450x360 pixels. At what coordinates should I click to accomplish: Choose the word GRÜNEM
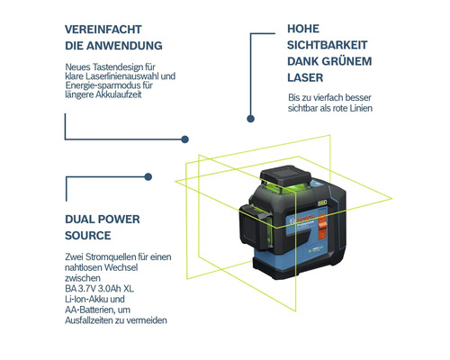pyautogui.click(x=337, y=61)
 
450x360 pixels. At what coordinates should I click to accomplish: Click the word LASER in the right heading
pyautogui.click(x=303, y=77)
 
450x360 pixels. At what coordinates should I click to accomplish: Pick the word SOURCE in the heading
pyautogui.click(x=88, y=236)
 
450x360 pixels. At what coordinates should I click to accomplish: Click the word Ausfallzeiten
pyautogui.click(x=99, y=320)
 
